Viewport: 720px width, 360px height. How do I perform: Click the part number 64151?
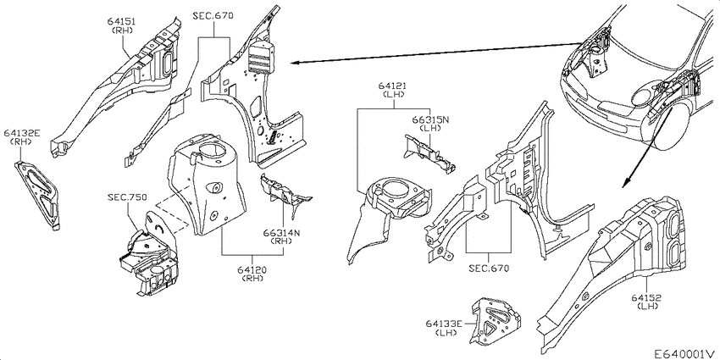pyautogui.click(x=122, y=21)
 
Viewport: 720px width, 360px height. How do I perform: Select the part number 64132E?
pyautogui.click(x=22, y=133)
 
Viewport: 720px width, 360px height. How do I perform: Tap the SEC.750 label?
pyautogui.click(x=127, y=197)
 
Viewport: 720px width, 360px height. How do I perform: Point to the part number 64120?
pyautogui.click(x=252, y=270)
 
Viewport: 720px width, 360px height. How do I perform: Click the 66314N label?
pyautogui.click(x=281, y=233)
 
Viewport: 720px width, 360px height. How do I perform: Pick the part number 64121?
pyautogui.click(x=392, y=86)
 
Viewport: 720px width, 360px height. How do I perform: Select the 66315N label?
pyautogui.click(x=430, y=119)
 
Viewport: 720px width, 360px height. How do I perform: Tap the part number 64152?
pyautogui.click(x=646, y=297)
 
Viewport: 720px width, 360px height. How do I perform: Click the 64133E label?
pyautogui.click(x=445, y=324)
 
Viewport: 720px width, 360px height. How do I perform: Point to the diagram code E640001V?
pyautogui.click(x=685, y=354)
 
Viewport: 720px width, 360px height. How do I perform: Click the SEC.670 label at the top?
pyautogui.click(x=213, y=15)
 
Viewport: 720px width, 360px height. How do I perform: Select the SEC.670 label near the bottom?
pyautogui.click(x=489, y=269)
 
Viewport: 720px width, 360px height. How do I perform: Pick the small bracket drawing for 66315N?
pyautogui.click(x=429, y=154)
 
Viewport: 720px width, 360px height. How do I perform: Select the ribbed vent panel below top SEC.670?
pyautogui.click(x=261, y=58)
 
